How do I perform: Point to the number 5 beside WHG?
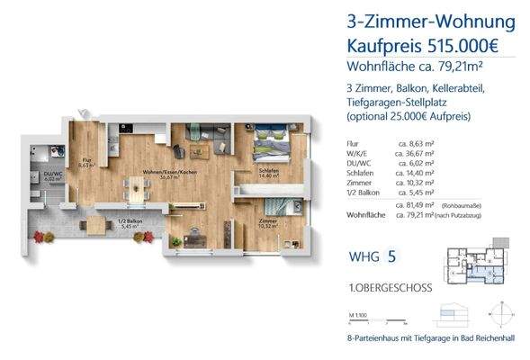(391, 257)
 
